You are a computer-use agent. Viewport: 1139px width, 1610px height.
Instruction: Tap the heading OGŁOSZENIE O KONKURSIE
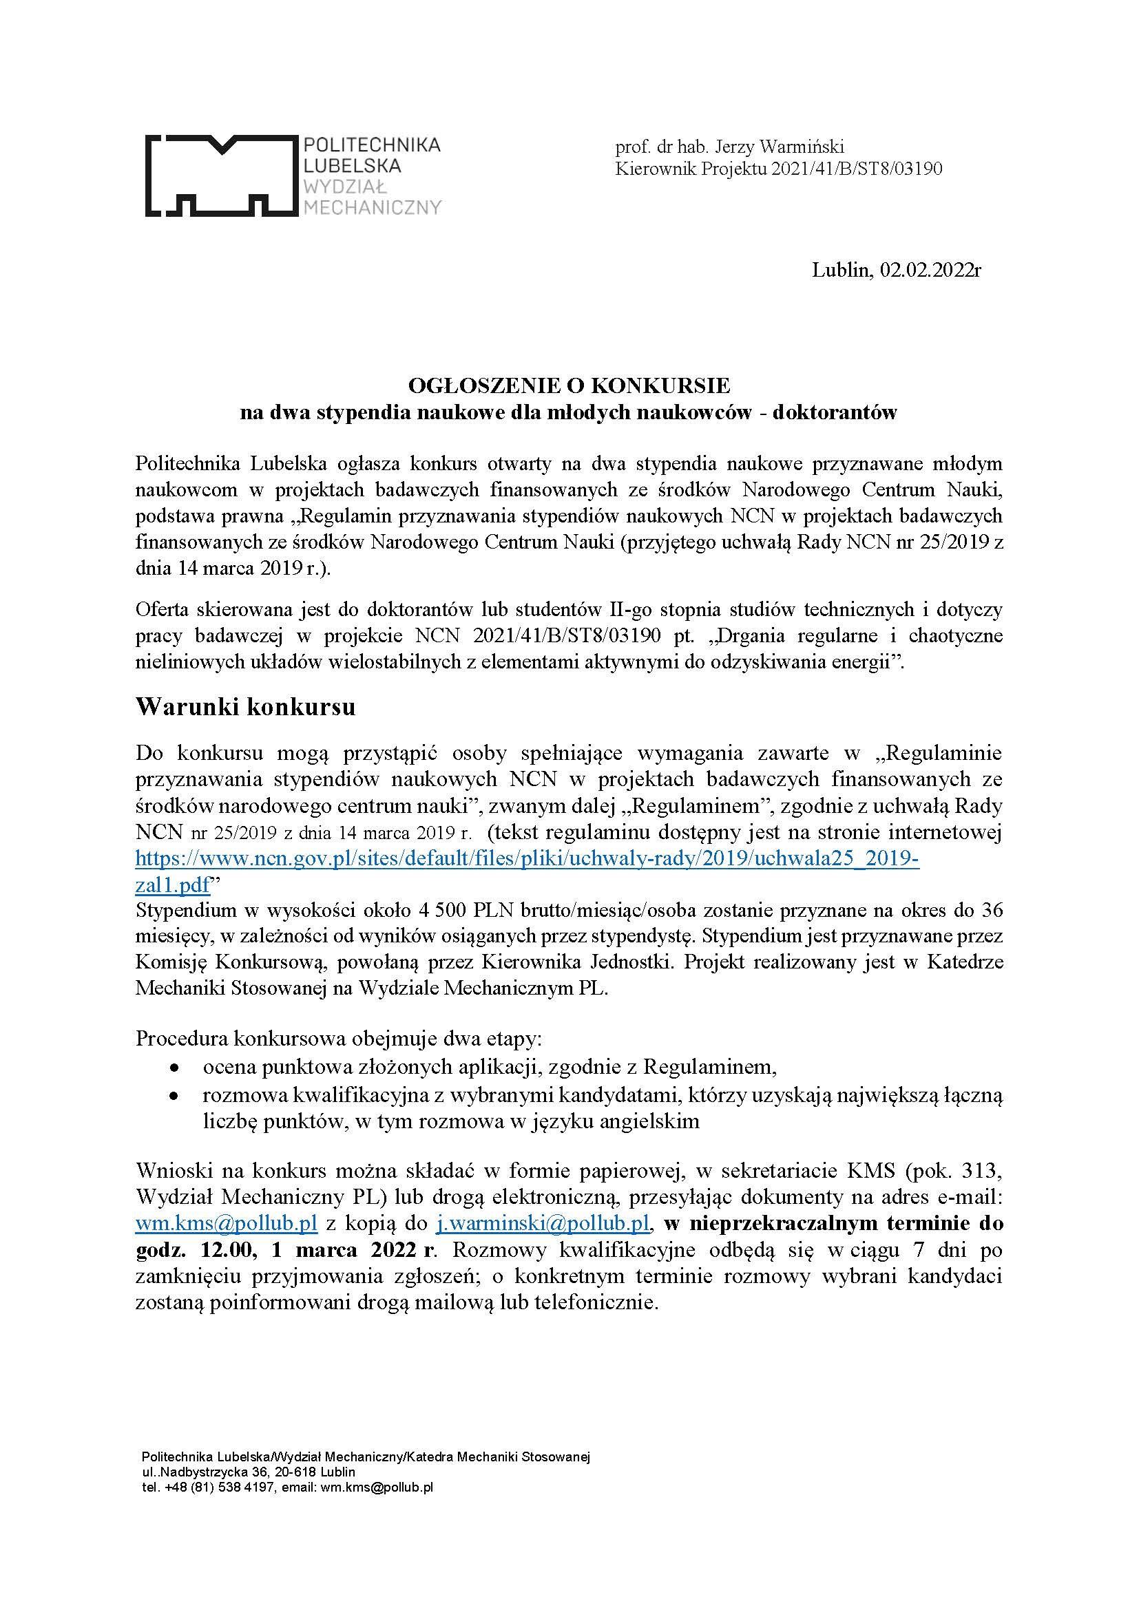[x=569, y=385]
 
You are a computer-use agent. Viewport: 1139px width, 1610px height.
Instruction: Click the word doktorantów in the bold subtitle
[x=835, y=412]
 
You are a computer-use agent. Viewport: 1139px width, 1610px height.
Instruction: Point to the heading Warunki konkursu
[x=245, y=706]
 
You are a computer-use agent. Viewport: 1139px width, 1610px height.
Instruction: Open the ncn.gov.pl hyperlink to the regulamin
[x=526, y=860]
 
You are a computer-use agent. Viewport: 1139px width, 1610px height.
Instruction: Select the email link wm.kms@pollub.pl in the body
[x=227, y=1224]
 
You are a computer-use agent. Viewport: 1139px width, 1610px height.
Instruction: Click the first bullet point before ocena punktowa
[x=174, y=1068]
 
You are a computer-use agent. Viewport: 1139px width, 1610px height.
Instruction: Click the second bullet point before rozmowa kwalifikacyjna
[x=174, y=1094]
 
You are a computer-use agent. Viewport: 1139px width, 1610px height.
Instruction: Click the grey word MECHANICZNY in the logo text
[x=371, y=207]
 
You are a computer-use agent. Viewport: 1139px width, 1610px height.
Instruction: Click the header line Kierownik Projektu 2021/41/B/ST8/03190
[x=779, y=169]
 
